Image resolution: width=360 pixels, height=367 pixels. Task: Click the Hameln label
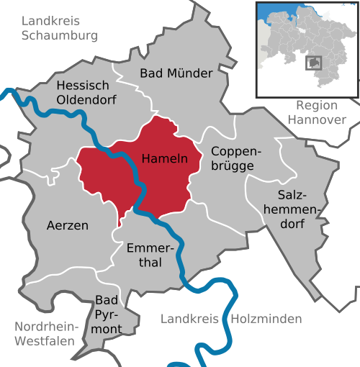165,158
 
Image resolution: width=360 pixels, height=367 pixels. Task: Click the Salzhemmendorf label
292,209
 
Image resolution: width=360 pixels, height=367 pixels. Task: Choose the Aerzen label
67,225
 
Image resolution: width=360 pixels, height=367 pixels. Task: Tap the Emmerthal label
149,255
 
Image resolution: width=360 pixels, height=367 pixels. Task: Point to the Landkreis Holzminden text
231,318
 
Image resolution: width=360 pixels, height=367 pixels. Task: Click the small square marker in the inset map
313,63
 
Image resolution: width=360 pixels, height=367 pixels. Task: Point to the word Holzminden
264,318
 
